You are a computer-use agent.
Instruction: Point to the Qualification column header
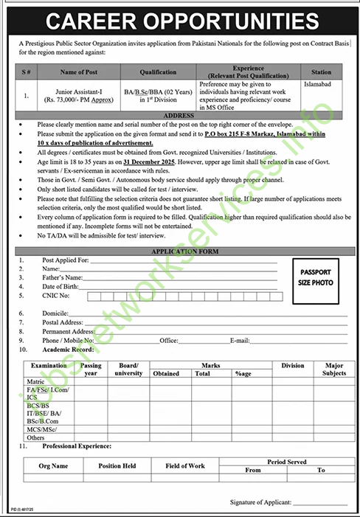[159, 72]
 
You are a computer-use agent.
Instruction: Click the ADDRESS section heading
[179, 116]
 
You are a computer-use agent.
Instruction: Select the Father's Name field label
[63, 277]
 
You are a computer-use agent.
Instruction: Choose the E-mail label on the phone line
[240, 341]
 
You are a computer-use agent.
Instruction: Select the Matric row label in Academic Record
[35, 382]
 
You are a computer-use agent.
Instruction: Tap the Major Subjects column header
[334, 369]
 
